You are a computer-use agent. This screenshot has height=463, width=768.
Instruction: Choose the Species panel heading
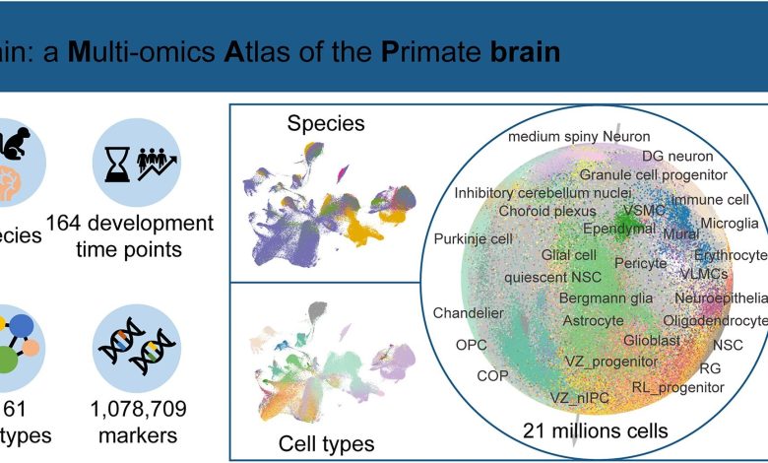pyautogui.click(x=326, y=124)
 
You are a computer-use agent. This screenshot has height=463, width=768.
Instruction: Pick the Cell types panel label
pyautogui.click(x=325, y=442)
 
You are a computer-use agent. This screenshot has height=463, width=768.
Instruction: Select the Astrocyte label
pyautogui.click(x=592, y=320)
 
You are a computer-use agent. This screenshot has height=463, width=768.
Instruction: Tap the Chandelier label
pyautogui.click(x=468, y=313)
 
